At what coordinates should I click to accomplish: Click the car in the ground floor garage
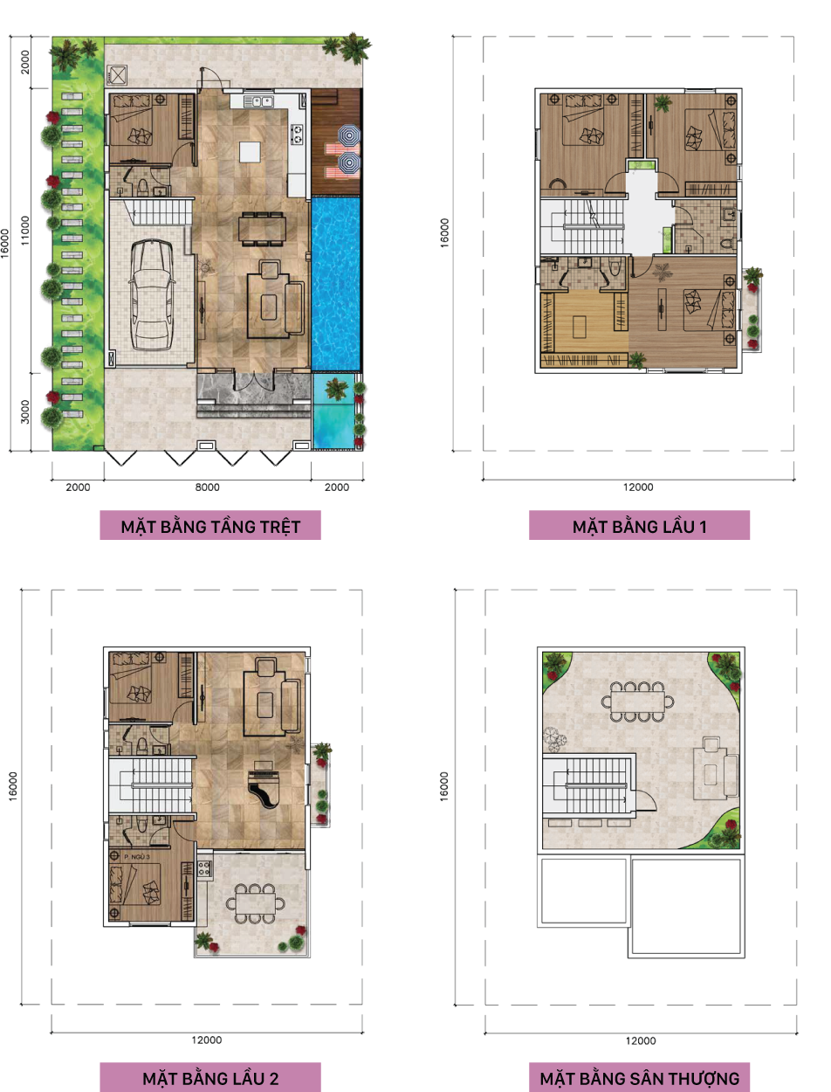[152, 295]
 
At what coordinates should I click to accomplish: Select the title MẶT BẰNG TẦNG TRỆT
[210, 527]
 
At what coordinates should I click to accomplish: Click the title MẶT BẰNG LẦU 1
[639, 527]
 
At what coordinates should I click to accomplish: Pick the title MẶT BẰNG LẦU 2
[210, 1079]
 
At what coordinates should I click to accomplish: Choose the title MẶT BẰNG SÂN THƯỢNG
[639, 1079]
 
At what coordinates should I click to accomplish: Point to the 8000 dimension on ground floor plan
[207, 487]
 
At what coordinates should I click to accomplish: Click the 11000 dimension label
[24, 231]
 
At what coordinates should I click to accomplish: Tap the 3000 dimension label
[24, 412]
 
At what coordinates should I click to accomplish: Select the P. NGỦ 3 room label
[137, 857]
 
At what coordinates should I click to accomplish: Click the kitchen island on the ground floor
[250, 152]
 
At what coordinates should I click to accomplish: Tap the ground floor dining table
[262, 229]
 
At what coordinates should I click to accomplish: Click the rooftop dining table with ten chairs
[638, 702]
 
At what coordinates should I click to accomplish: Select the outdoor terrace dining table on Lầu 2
[256, 903]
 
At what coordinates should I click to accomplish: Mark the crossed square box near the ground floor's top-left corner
[117, 75]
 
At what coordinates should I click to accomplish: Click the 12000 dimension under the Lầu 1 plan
[638, 487]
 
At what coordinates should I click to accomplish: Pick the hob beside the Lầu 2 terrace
[204, 868]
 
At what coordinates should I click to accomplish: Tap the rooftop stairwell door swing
[647, 799]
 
